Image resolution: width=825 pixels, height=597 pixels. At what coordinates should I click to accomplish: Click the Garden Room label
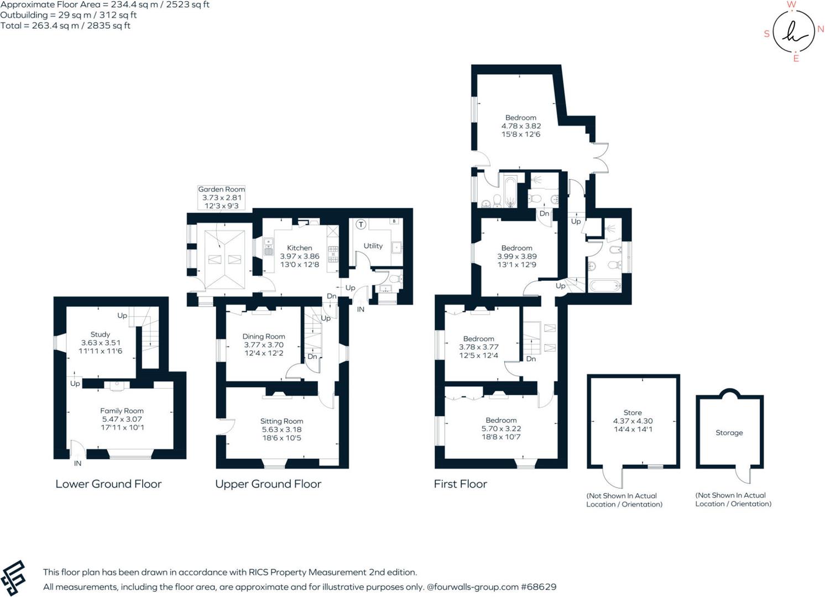click(x=221, y=189)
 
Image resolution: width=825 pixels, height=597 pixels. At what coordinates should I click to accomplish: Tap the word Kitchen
click(x=299, y=248)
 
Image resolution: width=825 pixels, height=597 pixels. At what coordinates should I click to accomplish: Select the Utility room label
click(x=373, y=246)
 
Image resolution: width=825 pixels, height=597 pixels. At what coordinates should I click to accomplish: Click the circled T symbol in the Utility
click(x=361, y=224)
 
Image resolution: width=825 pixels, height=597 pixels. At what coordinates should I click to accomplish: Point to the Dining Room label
click(x=263, y=336)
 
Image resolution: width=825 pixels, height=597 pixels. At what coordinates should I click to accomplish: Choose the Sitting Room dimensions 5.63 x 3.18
click(x=281, y=430)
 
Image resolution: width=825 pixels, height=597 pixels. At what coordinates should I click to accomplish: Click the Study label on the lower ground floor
click(x=100, y=334)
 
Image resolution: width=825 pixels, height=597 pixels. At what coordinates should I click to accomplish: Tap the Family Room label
click(x=122, y=411)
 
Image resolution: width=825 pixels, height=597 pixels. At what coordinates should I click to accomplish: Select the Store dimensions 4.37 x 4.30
click(x=633, y=421)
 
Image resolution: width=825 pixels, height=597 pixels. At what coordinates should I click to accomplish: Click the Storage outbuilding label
click(x=729, y=433)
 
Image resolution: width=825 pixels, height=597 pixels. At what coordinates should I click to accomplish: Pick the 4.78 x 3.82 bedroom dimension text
click(x=521, y=126)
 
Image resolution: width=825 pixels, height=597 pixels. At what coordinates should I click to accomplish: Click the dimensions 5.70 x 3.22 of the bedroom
click(x=501, y=428)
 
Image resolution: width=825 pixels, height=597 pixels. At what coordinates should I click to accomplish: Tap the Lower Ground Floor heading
click(x=108, y=484)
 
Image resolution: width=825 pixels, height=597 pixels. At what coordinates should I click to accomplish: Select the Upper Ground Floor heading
click(x=268, y=484)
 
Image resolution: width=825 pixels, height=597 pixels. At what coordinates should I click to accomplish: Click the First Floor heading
click(x=460, y=484)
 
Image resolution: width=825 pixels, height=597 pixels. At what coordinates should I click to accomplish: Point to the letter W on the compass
click(x=791, y=5)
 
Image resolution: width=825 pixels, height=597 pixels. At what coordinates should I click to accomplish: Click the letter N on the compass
click(x=821, y=29)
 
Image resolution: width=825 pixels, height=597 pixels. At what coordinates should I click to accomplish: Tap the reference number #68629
click(x=539, y=587)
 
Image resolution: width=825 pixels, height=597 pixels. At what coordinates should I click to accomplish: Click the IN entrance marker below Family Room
click(x=77, y=463)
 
